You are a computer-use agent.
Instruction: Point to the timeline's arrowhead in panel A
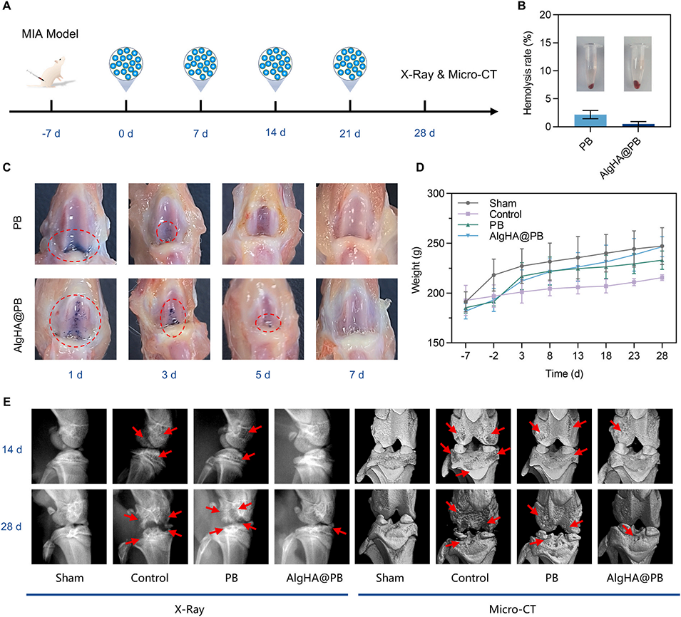[492, 111]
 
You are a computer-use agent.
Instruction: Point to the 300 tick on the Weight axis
[431, 193]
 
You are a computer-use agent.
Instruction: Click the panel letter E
[8, 402]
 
